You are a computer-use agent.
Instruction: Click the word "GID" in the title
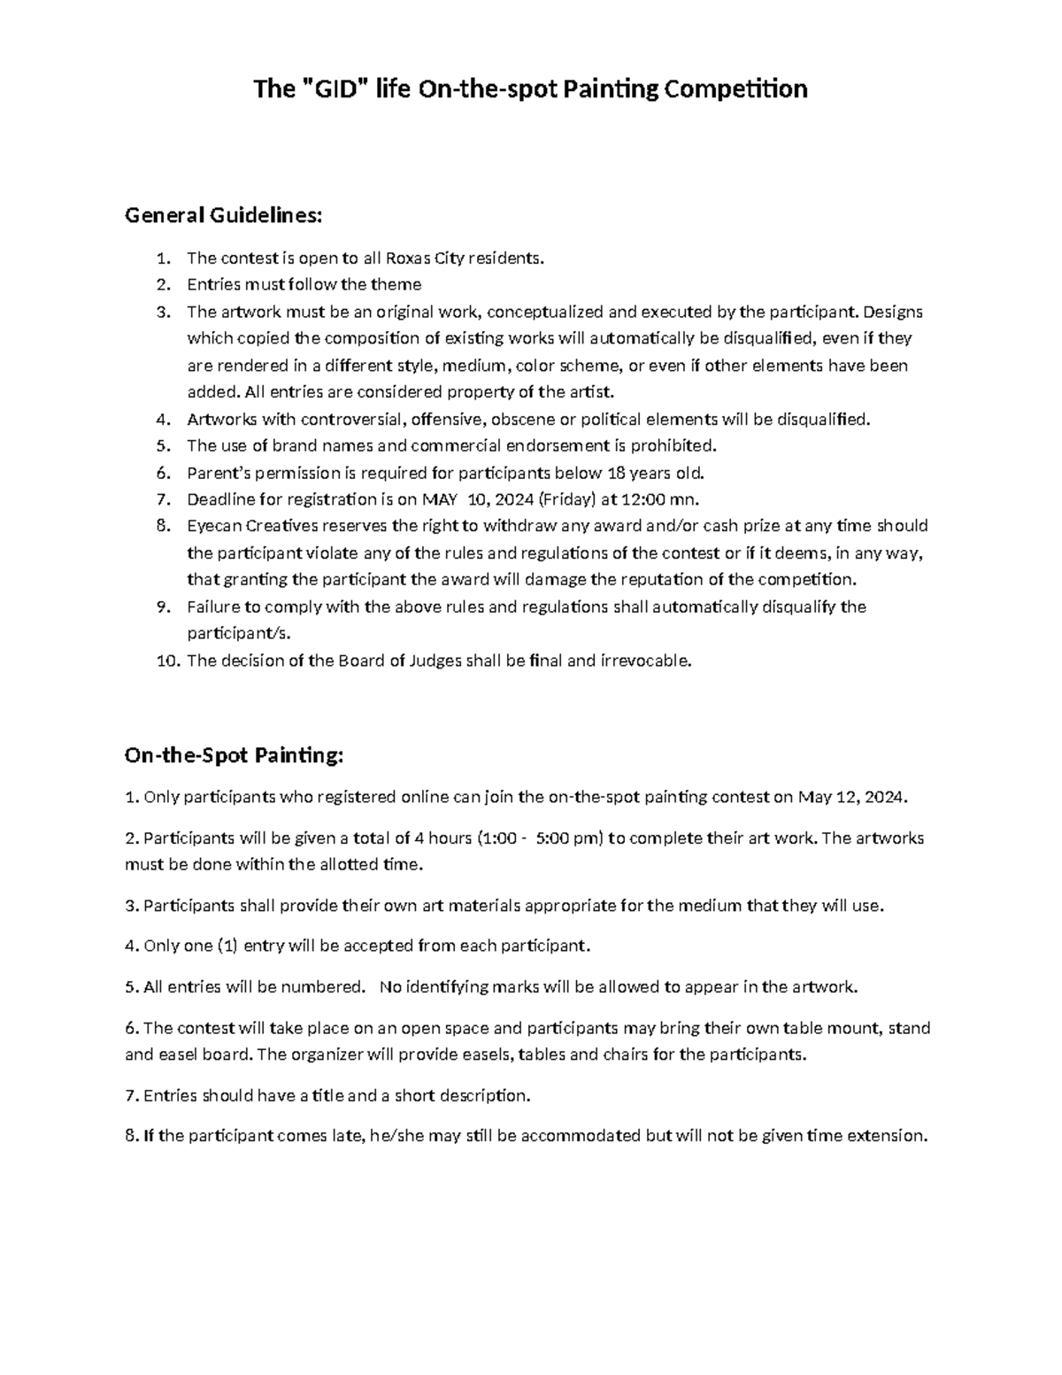point(333,89)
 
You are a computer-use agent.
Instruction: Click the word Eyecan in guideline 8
point(212,526)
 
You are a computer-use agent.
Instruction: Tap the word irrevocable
point(646,660)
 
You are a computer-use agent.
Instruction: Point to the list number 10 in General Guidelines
point(168,660)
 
